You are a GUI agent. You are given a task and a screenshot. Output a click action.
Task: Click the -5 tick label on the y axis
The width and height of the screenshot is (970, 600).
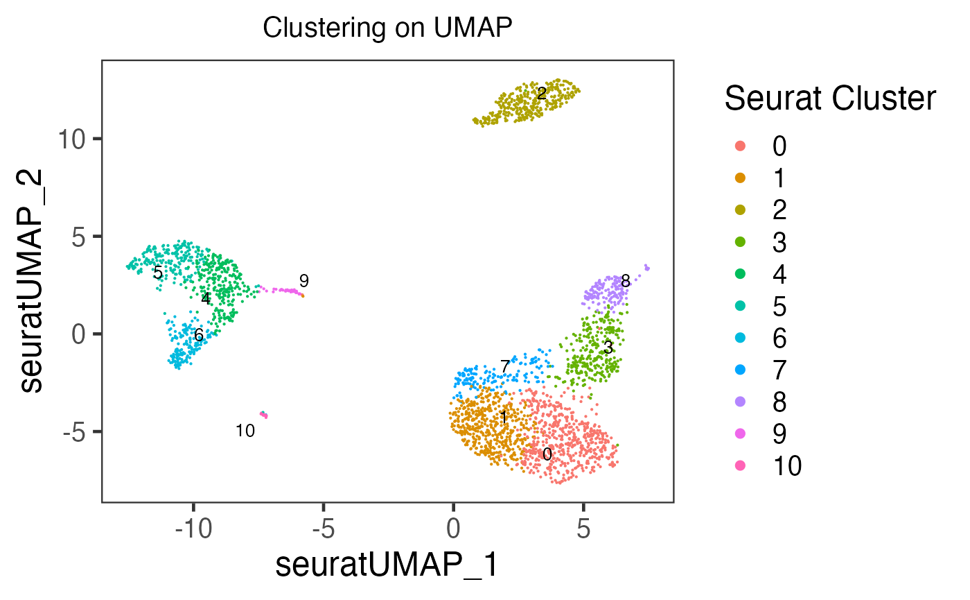84,432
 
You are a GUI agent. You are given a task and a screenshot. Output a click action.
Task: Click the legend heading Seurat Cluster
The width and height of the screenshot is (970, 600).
830,100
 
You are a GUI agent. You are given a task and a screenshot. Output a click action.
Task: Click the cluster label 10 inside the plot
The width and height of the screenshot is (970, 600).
245,431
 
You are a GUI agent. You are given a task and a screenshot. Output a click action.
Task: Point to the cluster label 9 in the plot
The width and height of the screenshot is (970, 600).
303,281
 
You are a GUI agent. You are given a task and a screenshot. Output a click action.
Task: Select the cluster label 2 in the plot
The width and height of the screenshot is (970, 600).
542,92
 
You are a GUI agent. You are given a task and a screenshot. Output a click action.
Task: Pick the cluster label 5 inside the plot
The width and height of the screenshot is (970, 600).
158,273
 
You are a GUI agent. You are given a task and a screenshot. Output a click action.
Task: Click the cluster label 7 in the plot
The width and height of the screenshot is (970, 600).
505,366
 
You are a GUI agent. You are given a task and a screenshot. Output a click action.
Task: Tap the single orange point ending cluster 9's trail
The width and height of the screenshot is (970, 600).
302,295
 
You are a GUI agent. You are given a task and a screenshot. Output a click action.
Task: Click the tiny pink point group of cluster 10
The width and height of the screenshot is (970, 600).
263,415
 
